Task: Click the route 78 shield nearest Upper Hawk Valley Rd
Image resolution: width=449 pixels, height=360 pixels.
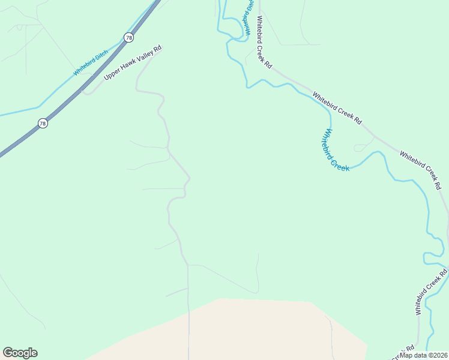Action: point(129,37)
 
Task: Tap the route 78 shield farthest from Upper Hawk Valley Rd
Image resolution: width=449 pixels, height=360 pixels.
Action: point(42,123)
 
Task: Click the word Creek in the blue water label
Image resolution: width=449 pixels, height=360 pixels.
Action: point(341,163)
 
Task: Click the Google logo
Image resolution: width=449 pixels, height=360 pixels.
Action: point(20,353)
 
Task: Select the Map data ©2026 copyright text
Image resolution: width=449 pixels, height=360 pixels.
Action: point(424,355)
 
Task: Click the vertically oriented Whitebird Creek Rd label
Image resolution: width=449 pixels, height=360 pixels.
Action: point(432,292)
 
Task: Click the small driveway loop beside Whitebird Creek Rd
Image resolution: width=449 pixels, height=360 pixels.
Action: point(363,147)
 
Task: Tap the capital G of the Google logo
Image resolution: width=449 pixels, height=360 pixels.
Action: point(8,353)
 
